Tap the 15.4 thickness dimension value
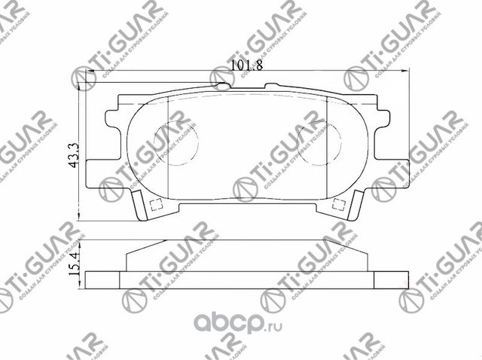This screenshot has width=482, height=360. click(74, 265)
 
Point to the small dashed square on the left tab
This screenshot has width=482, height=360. click(157, 203)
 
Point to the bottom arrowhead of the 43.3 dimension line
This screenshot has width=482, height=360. click(81, 216)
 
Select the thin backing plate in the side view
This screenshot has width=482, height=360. click(246, 278)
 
